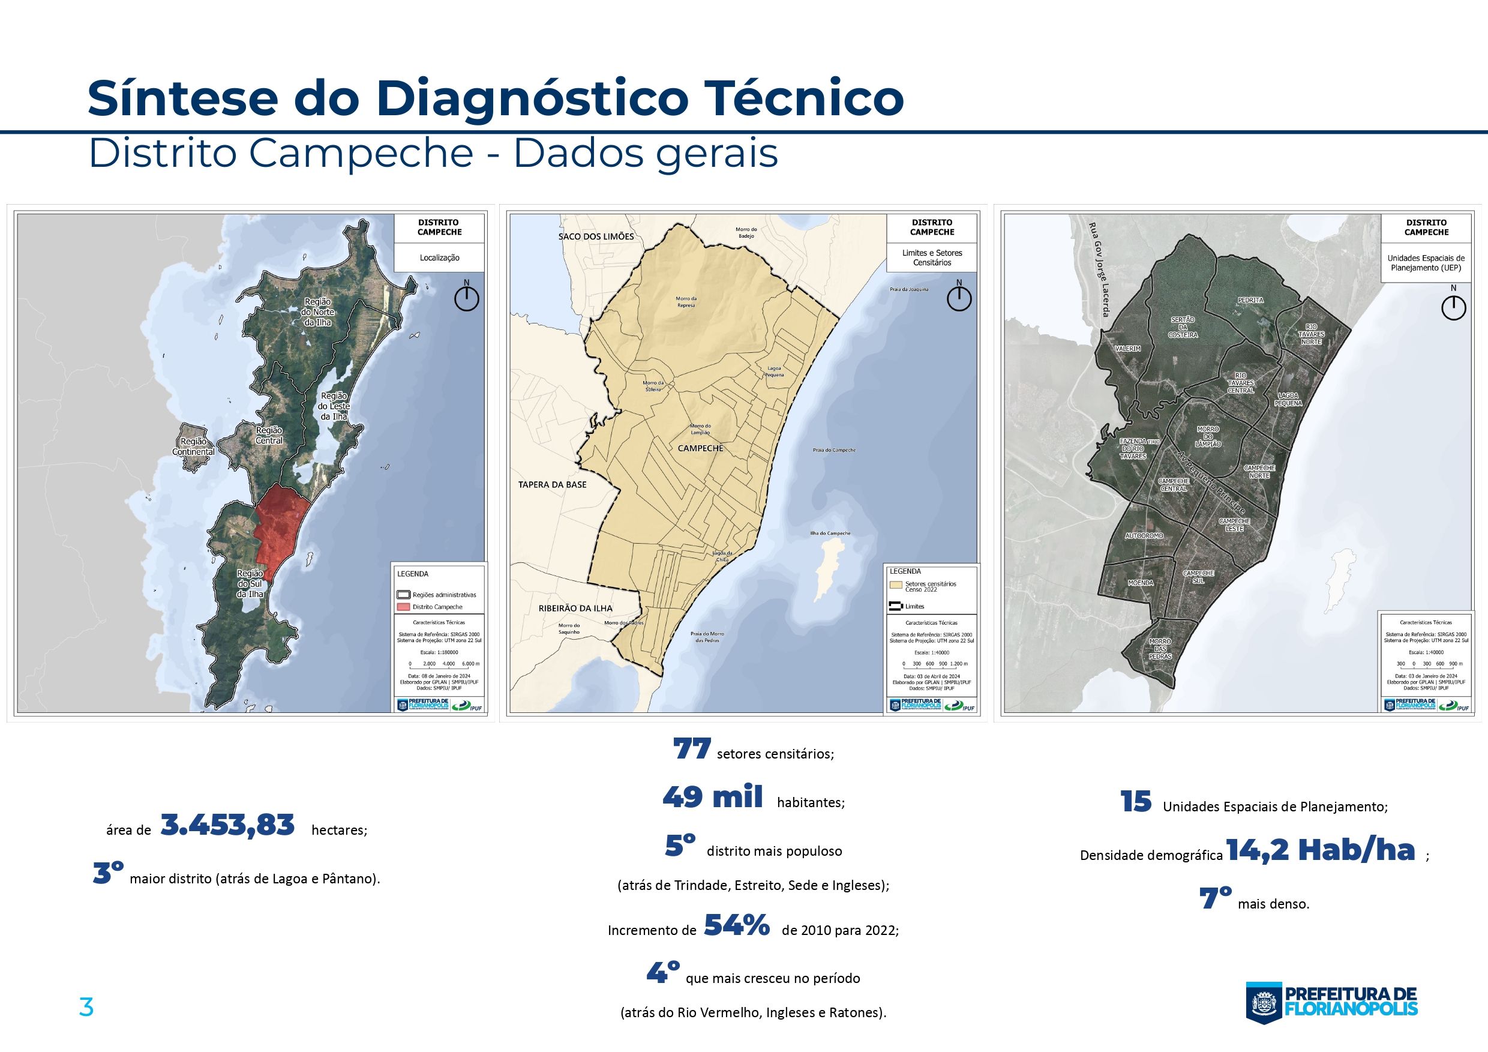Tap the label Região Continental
193,446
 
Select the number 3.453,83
227,826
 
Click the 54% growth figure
736,925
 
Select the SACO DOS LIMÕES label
596,236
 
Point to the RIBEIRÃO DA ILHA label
575,608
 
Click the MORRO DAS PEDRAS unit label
1159,649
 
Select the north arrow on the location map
466,297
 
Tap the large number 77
692,750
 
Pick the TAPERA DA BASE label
551,484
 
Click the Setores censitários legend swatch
896,584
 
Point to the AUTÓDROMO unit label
1144,536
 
